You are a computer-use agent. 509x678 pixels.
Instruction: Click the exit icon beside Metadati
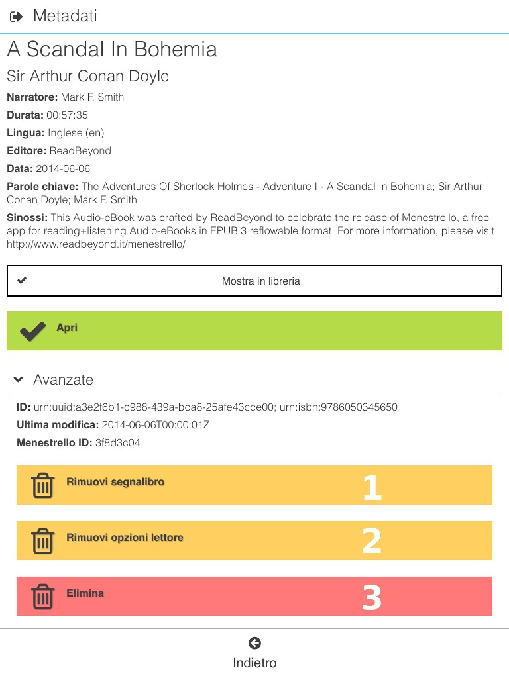pos(17,17)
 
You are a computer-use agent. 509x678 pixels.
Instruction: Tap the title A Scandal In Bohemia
pos(112,50)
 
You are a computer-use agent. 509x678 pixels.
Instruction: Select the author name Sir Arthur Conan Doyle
pos(87,76)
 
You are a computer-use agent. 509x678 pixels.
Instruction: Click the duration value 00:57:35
pos(67,115)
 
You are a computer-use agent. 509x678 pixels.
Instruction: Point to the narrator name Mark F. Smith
pos(92,97)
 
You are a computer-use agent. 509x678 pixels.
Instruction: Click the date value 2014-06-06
pos(63,169)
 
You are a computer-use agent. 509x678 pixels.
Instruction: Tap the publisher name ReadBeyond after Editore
pos(80,151)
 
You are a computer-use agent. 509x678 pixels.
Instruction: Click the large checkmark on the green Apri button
pos(32,330)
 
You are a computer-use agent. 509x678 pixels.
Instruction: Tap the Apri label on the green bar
pos(67,328)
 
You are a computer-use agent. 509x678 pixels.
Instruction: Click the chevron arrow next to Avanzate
pos(19,379)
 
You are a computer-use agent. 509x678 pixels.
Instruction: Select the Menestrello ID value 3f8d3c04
pos(118,443)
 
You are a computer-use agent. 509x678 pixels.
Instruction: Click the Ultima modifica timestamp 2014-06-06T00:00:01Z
pos(156,425)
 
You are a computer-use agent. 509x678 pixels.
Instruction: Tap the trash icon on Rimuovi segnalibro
pos(43,485)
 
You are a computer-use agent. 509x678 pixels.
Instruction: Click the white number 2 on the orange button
pos(372,541)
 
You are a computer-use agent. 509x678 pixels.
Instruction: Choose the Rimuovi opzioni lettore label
pos(125,538)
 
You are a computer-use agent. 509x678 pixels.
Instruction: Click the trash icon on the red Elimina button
pos(43,597)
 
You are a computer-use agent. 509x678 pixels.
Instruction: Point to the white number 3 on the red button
pos(372,597)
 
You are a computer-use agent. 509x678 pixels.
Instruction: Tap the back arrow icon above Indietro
pos(254,643)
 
